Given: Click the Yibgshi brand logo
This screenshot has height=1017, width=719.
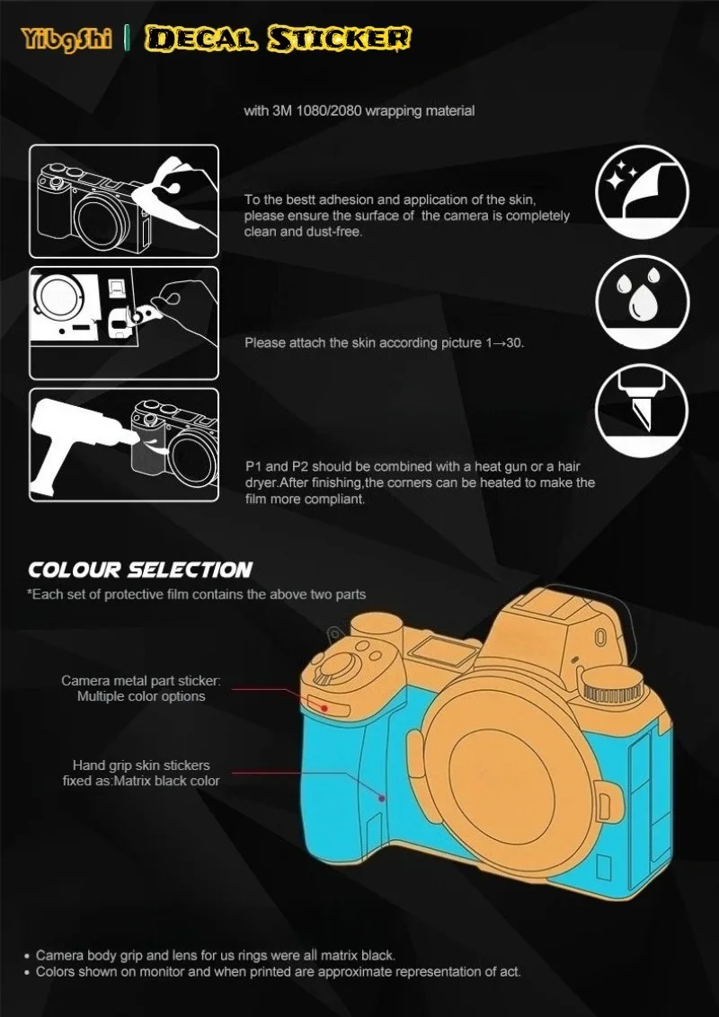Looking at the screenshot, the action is (x=67, y=39).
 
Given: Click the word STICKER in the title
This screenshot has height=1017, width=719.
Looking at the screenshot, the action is (x=340, y=39).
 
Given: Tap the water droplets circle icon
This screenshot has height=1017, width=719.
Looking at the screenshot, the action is (x=642, y=303).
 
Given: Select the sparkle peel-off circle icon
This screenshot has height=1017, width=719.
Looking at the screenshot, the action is (x=642, y=192).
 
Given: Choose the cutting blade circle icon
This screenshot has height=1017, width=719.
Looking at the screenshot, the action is (x=642, y=411).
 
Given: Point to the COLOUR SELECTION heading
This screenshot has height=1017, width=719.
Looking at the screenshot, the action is (x=139, y=570).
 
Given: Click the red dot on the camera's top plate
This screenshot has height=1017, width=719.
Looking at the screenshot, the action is (x=324, y=708).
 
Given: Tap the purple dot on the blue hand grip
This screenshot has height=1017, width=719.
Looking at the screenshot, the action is (x=382, y=798).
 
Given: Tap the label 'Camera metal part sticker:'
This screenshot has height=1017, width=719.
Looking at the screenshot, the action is (x=141, y=681).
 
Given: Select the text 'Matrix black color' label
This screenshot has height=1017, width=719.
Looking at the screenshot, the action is (x=167, y=781).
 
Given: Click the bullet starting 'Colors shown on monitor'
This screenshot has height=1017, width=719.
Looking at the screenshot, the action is (x=272, y=971).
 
